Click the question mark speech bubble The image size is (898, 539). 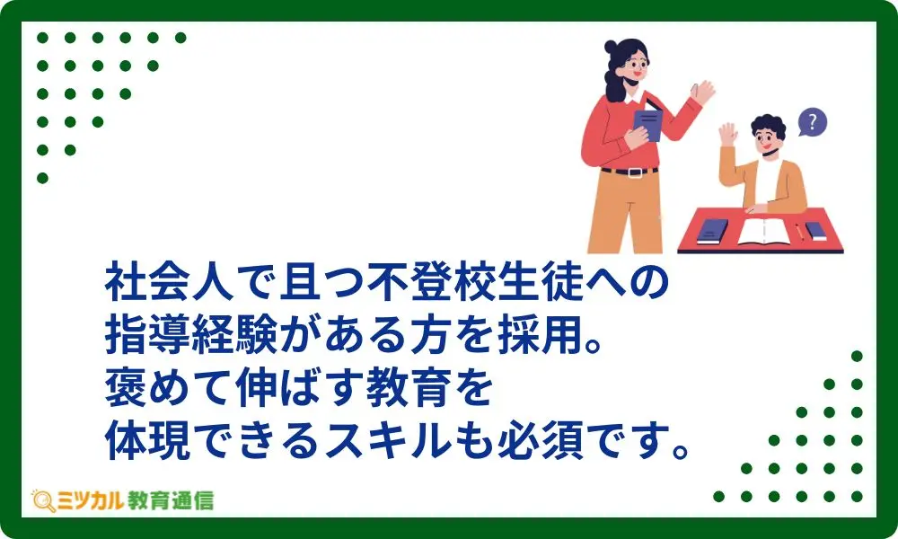(x=812, y=121)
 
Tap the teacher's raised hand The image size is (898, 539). (x=703, y=93)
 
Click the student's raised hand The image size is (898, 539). (x=728, y=135)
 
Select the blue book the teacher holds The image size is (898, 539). (x=647, y=122)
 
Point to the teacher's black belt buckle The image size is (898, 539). (x=634, y=172)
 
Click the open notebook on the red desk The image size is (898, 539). (x=764, y=231)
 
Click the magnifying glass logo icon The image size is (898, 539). (x=43, y=500)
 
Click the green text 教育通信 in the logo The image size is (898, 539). (x=170, y=500)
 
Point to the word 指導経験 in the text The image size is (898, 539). (x=191, y=336)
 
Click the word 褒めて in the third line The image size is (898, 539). (x=170, y=388)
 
